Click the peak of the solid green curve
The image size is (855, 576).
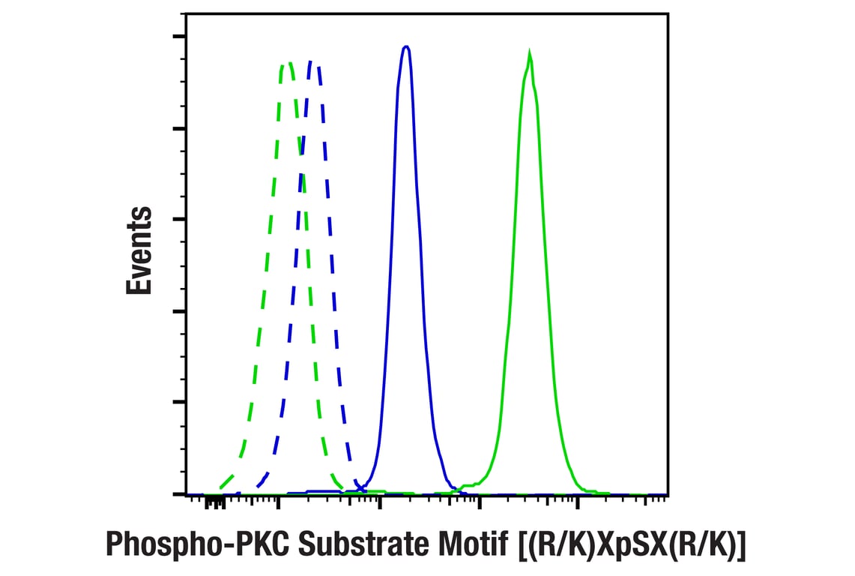[530, 54]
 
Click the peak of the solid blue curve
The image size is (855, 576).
[406, 46]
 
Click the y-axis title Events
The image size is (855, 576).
[139, 250]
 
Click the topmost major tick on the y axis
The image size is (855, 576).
[180, 36]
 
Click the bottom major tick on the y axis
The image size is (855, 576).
[180, 493]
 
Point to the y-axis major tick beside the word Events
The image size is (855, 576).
[180, 219]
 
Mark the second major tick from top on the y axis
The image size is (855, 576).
[180, 128]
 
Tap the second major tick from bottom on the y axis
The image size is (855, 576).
[180, 402]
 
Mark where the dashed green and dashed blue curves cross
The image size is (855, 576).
[301, 147]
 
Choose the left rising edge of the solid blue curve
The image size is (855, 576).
[389, 300]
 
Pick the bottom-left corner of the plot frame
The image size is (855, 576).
[186, 494]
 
